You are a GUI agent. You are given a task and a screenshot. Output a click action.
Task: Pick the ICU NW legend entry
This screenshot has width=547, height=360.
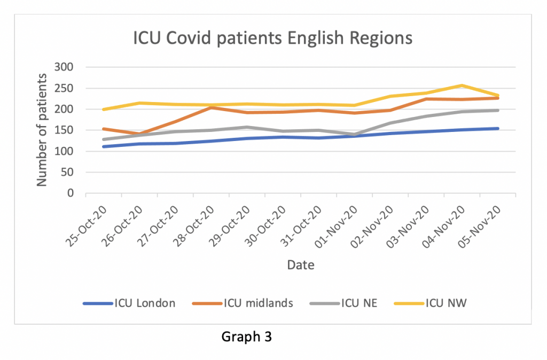[447, 303]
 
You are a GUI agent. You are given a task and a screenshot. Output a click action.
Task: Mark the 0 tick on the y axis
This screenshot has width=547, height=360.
[69, 193]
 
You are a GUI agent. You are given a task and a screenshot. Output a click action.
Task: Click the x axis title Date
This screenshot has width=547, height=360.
[300, 264]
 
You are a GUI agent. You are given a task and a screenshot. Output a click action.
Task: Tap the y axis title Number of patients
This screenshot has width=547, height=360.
[42, 130]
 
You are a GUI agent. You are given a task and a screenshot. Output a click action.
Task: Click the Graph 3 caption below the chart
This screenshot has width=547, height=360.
[247, 337]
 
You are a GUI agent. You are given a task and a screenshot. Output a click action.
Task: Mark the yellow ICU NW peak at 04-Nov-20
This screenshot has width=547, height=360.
[462, 85]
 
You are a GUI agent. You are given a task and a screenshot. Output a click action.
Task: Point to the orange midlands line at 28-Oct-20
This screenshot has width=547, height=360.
[211, 107]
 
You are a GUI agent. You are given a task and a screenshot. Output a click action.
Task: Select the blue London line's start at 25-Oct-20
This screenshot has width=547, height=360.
[103, 146]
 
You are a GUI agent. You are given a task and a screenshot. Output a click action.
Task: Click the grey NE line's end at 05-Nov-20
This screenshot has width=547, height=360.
[498, 110]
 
